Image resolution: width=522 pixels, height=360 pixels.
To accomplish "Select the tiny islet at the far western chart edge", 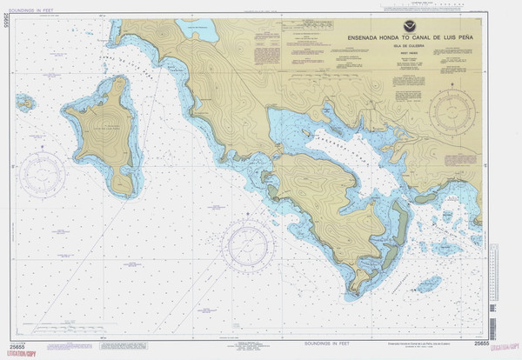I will click(x=25, y=103).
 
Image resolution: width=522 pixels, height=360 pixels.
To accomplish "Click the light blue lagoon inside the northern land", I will click(x=198, y=32).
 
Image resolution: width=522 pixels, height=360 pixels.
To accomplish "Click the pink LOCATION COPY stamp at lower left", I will click(x=20, y=353).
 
